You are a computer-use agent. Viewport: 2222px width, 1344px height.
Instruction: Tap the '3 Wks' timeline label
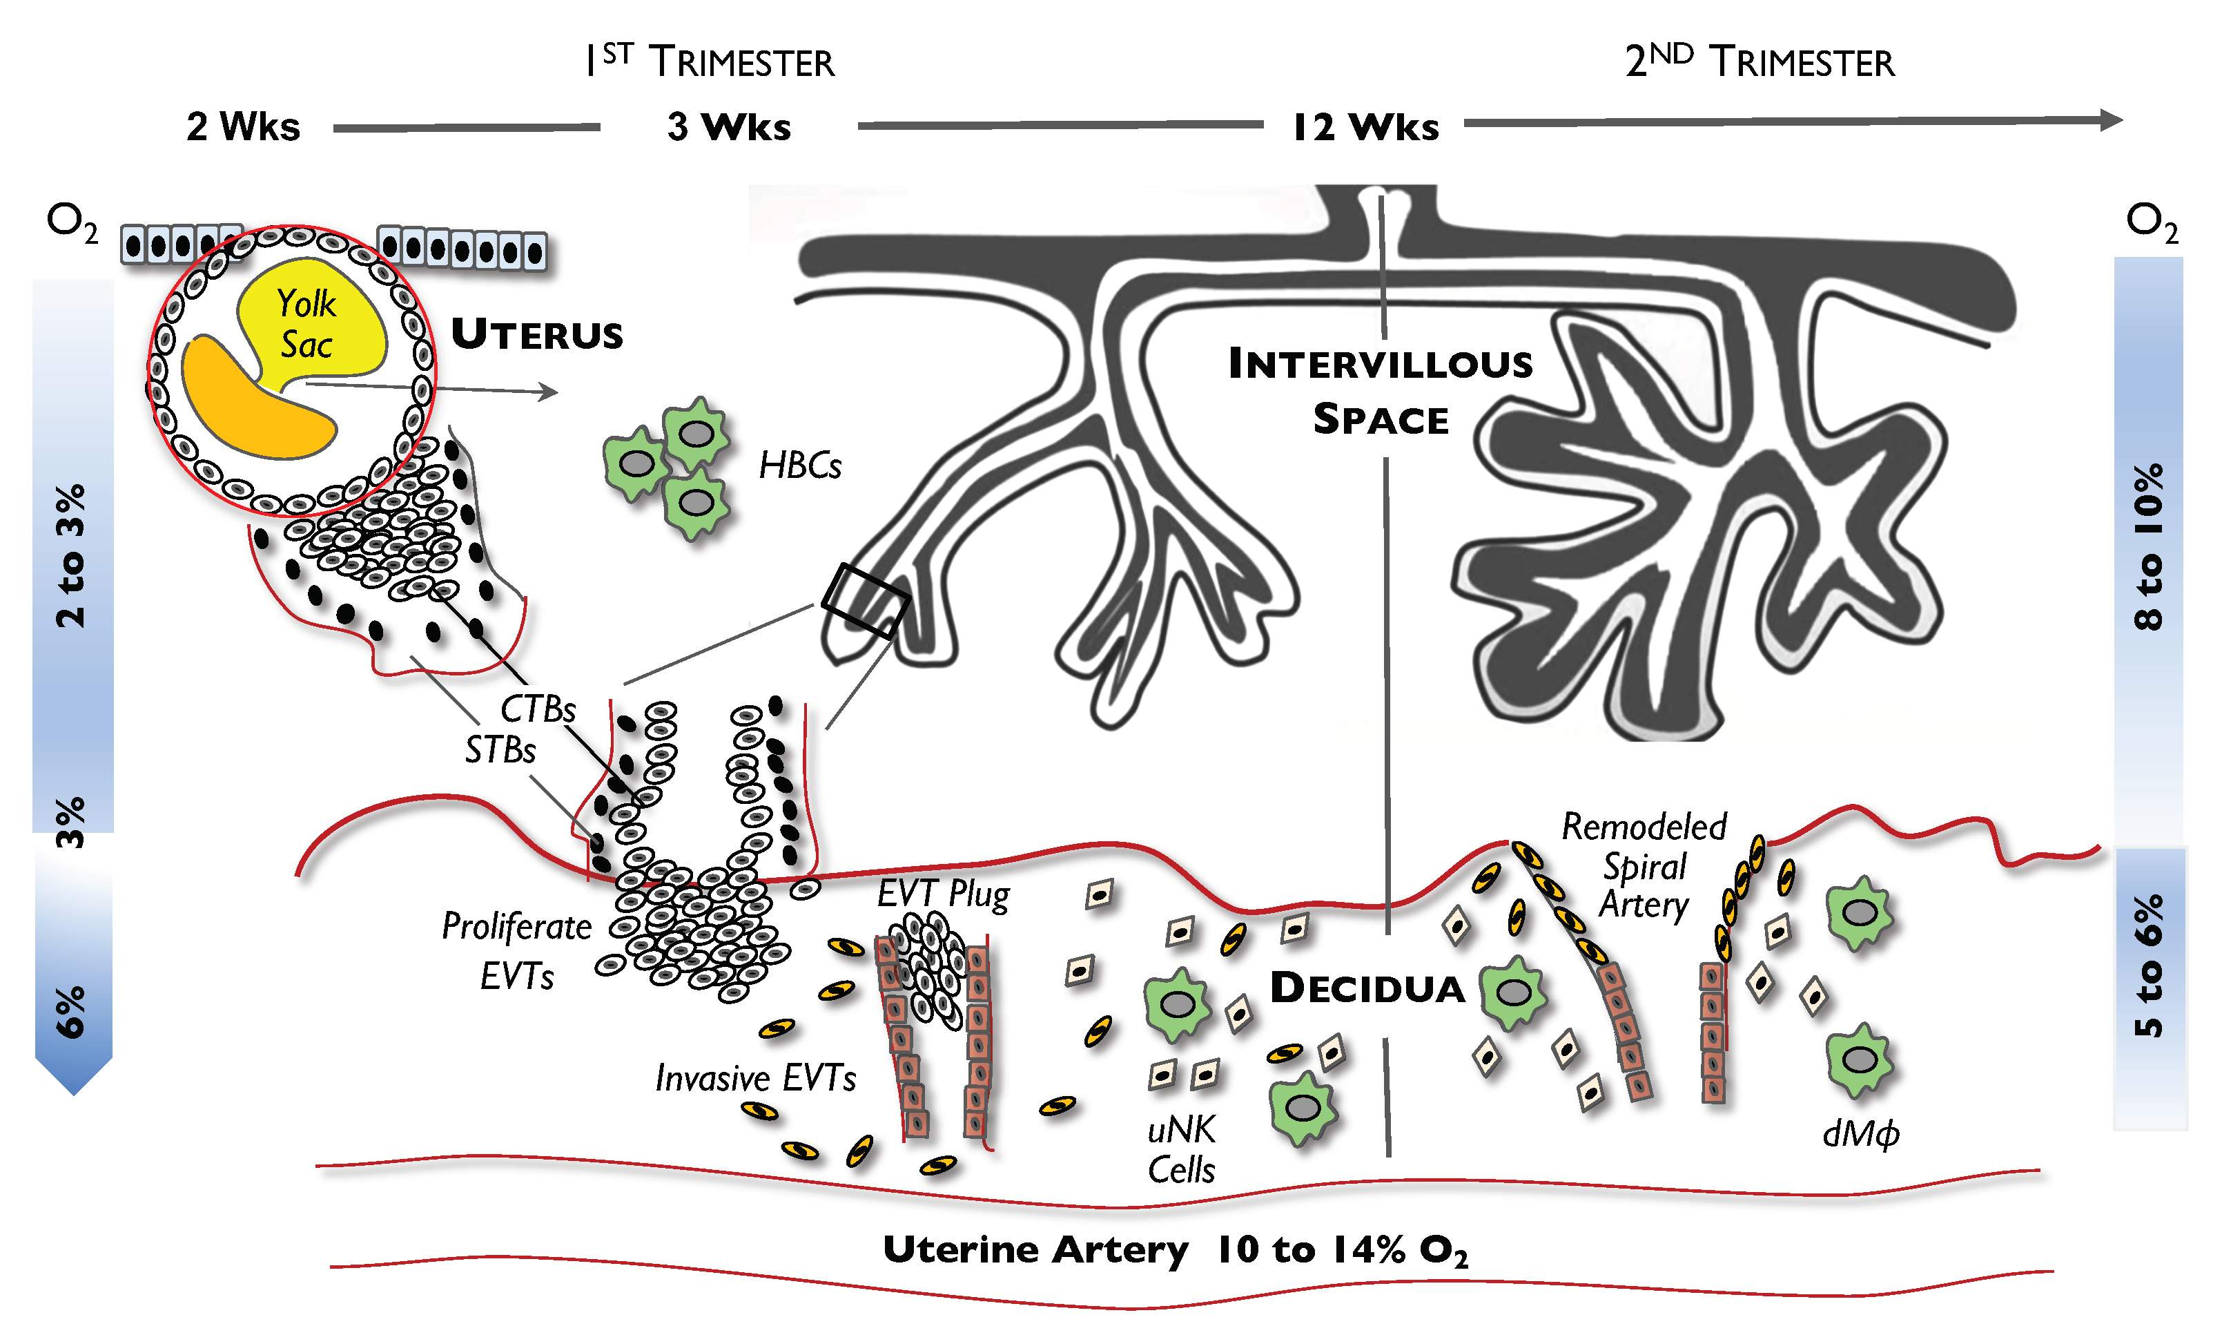729,126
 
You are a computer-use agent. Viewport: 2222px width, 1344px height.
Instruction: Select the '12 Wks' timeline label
1365,126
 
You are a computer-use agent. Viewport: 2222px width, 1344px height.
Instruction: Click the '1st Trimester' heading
710,61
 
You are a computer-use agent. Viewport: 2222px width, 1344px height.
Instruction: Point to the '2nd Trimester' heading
1760,61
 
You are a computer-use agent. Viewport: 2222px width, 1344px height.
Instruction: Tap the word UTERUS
538,334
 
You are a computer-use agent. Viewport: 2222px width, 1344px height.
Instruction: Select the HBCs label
800,465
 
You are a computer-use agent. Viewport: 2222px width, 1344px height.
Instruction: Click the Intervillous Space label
1381,391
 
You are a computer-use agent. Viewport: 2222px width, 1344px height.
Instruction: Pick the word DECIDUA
1367,988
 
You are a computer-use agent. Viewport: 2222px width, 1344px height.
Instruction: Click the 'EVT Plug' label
944,894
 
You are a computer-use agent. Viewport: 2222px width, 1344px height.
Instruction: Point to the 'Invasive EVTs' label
756,1078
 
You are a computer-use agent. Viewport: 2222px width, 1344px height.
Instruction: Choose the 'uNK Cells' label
1181,1149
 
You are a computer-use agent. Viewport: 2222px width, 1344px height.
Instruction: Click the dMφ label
1860,1133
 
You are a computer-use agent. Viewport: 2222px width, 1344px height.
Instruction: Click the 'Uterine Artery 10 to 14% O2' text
1175,1249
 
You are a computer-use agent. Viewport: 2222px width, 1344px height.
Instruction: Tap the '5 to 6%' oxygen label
2149,965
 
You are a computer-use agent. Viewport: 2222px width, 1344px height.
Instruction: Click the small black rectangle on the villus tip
865,601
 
